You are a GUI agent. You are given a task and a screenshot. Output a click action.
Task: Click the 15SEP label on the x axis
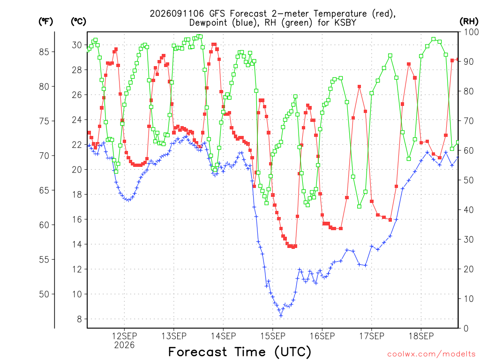[x=272, y=336]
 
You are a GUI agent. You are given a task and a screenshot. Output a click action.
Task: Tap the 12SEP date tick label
[x=124, y=336]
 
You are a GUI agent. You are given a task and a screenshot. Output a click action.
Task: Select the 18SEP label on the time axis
[x=421, y=336]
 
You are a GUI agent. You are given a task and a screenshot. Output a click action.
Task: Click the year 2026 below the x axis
[x=124, y=345]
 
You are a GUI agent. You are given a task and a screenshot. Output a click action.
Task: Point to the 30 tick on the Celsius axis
[x=77, y=45]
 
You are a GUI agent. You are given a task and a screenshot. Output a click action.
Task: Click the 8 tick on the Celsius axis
[x=79, y=319]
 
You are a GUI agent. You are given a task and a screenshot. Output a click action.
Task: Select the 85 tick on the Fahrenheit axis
[x=44, y=52]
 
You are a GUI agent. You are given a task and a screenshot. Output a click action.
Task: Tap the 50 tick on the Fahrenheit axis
[x=44, y=294]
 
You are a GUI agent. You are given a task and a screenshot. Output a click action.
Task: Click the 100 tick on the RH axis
[x=472, y=32]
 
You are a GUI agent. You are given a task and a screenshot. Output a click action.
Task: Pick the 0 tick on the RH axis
[x=466, y=329]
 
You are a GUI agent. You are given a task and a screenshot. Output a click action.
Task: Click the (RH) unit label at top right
[x=469, y=21]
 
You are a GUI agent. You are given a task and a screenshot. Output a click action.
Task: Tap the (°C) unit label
[x=78, y=21]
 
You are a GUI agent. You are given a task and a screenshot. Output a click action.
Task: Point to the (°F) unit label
[x=45, y=21]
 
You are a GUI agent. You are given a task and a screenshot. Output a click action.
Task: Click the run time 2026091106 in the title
[x=177, y=14]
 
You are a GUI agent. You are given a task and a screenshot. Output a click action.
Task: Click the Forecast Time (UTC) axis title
[x=240, y=352]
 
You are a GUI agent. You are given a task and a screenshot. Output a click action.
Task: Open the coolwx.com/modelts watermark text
[x=431, y=354]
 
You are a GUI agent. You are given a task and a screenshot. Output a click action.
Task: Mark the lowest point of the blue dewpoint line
[x=281, y=315]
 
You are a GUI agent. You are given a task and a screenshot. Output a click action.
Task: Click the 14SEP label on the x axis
[x=223, y=336]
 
